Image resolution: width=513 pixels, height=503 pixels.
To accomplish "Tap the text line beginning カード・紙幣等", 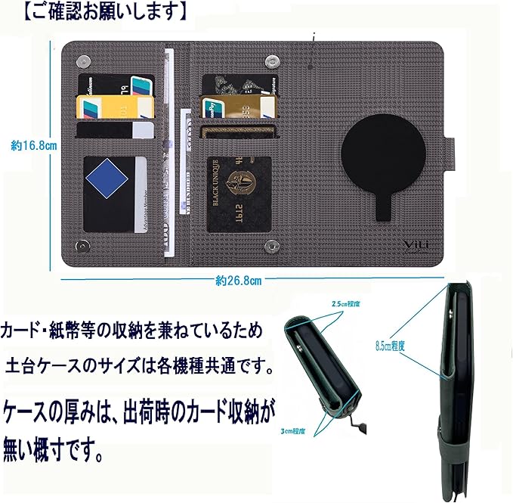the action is coord(133,331).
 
